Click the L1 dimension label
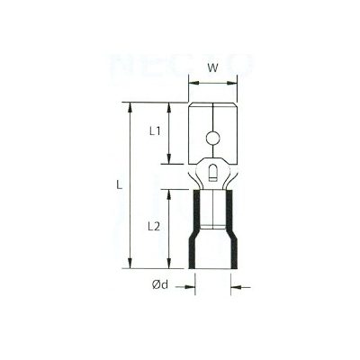pos(154,131)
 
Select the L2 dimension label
pos(154,227)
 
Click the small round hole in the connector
pos(212,139)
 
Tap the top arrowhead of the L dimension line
pos(131,107)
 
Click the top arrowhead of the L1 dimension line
pos(169,107)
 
